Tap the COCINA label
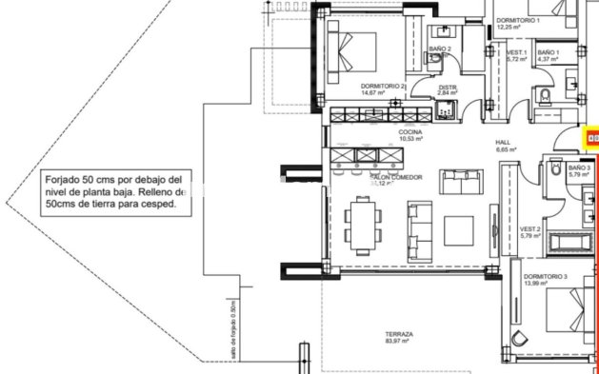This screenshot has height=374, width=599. (x=410, y=131)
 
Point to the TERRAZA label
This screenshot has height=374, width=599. (x=399, y=334)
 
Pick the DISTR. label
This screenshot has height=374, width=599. (x=448, y=88)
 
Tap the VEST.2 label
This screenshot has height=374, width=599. (x=529, y=229)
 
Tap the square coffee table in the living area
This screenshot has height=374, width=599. (x=459, y=229)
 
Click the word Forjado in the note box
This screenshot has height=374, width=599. (x=64, y=179)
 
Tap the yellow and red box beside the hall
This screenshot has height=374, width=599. (x=591, y=139)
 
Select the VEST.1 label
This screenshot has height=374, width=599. (x=516, y=52)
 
